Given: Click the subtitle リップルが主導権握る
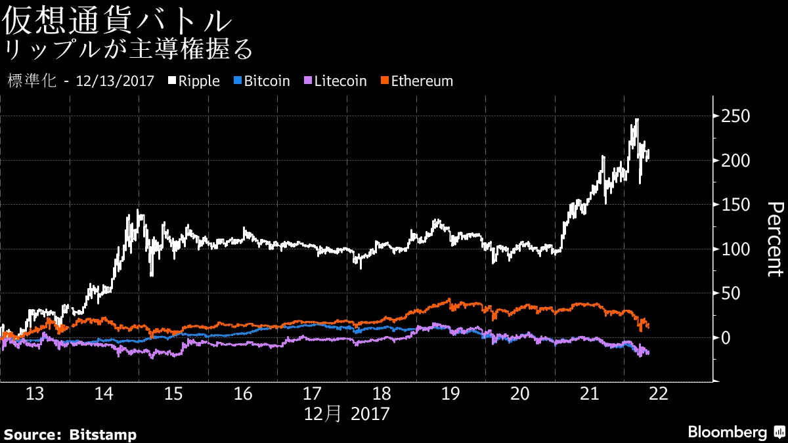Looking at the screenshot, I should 128,50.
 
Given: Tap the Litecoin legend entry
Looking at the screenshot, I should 335,81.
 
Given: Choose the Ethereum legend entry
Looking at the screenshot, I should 416,81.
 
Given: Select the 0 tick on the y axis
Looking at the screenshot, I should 726,337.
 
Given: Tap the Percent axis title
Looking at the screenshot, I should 775,240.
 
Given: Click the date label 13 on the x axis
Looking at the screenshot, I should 35,394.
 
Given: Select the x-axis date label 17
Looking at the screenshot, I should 312,394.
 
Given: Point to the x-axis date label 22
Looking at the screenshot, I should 658,394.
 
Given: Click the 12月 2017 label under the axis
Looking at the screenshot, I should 347,414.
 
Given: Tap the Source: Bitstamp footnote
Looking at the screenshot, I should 70,434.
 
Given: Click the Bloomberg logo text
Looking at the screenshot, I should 727,432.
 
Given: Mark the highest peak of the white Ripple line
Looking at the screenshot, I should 636,119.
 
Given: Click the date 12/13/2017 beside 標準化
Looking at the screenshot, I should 115,81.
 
